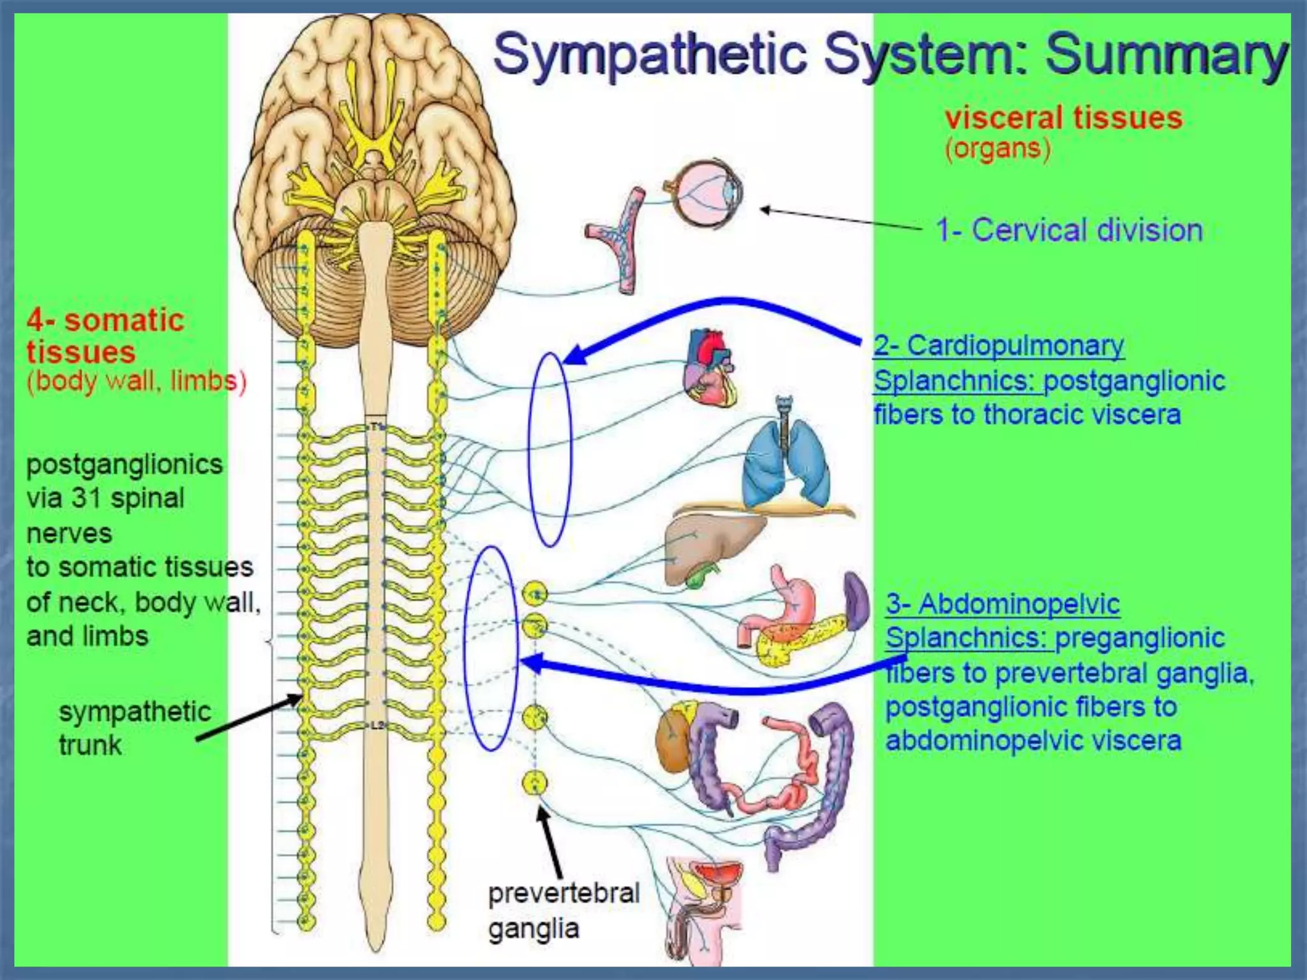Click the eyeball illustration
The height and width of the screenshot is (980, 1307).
click(702, 193)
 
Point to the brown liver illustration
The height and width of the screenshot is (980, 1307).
click(708, 547)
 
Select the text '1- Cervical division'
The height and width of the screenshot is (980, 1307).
click(1069, 230)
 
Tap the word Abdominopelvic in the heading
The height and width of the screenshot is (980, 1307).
click(1019, 604)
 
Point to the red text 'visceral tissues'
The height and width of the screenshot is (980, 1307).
click(1063, 119)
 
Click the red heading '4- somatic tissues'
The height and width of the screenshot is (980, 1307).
click(105, 336)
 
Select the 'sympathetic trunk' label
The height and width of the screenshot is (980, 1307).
click(134, 728)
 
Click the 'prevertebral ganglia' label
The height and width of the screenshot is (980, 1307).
click(563, 910)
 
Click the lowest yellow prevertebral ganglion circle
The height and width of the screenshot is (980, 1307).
click(535, 782)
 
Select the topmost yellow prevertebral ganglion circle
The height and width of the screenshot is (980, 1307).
click(535, 594)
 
